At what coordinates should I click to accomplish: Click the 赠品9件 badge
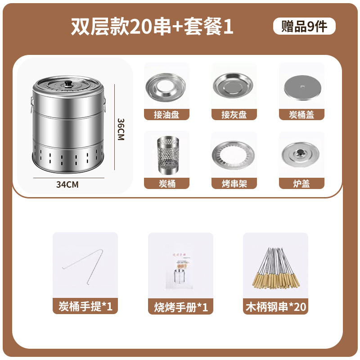click(x=304, y=27)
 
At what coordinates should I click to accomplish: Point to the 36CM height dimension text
click(x=120, y=130)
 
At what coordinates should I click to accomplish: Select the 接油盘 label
click(x=166, y=115)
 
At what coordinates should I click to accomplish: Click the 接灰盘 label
click(x=234, y=115)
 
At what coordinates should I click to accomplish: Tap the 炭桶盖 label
click(x=301, y=115)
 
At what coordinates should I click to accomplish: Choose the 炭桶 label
click(x=166, y=184)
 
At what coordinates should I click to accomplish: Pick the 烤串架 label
click(x=234, y=184)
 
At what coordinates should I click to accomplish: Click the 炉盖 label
click(x=301, y=184)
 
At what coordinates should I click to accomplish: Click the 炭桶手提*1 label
click(x=85, y=307)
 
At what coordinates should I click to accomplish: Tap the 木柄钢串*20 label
click(x=275, y=307)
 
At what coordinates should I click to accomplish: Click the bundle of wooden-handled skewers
click(x=275, y=269)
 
